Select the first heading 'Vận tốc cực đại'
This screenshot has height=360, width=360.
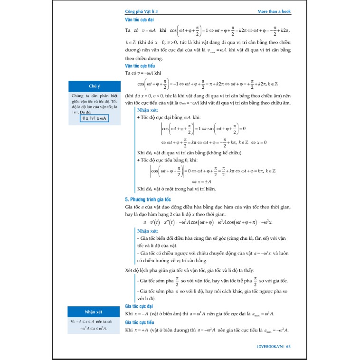(139, 20)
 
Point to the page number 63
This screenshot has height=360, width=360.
(288, 346)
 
